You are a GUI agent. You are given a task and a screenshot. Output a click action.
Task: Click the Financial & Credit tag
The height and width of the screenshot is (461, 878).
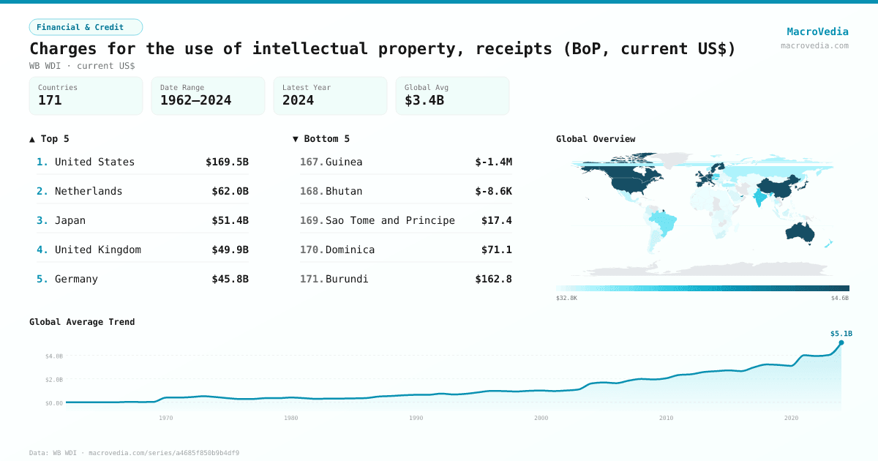pos(86,27)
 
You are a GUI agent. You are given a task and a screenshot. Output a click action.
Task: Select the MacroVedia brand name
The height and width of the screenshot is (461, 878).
pos(817,31)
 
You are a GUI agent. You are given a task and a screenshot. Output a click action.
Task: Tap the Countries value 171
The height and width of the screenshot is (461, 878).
pos(50,100)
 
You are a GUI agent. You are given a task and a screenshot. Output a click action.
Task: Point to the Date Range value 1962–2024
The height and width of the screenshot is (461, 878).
pos(195,100)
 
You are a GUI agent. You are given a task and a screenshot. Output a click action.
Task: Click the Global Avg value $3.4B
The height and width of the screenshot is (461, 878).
pos(424,100)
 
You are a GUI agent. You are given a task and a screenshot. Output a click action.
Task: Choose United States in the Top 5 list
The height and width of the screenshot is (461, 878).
pos(94,162)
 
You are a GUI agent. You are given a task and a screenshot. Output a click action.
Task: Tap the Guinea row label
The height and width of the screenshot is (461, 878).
pos(344,162)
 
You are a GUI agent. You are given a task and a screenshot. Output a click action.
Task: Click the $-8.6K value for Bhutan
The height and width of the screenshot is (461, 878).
pos(493,191)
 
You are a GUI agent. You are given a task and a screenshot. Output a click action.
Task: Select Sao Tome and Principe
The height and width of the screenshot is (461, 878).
pos(390,220)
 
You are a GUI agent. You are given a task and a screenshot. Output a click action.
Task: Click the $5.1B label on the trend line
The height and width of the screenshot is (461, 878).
pos(841,334)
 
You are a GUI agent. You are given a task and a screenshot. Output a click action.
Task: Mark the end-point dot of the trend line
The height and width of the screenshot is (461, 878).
pos(841,342)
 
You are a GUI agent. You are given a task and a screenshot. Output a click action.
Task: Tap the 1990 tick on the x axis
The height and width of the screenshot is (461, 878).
pos(416,418)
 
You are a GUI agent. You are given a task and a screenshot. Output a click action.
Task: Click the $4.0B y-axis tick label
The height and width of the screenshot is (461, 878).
pos(55,356)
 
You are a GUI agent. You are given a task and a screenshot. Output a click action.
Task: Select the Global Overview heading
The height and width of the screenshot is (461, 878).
pos(596,139)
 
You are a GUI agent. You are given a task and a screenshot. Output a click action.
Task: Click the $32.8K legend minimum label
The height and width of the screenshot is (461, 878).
pos(566,298)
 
